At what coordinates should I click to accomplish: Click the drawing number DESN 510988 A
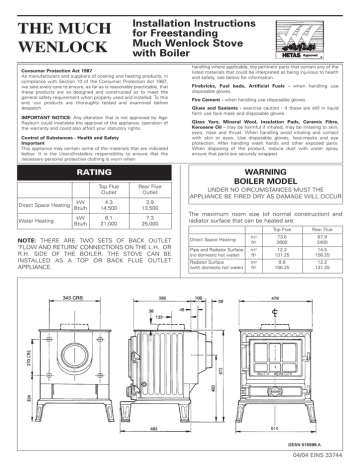(316, 440)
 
